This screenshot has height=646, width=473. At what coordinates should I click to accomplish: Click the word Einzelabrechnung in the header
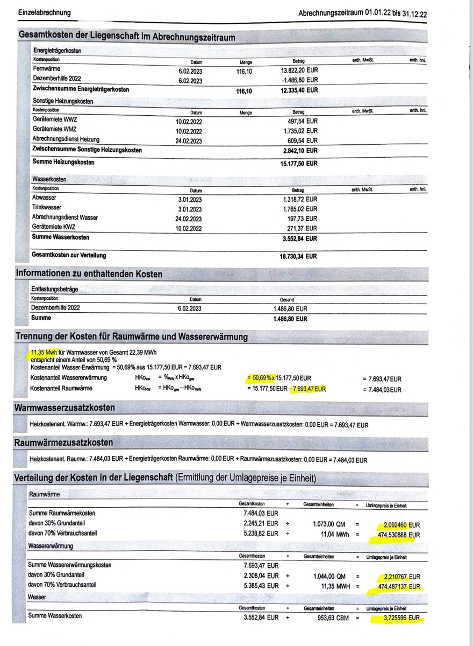click(44, 12)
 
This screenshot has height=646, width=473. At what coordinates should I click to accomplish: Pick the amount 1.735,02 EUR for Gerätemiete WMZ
click(300, 131)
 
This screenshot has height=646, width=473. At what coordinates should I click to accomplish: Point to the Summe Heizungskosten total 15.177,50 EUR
click(299, 163)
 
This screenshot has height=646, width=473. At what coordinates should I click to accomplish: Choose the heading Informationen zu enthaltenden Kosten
click(89, 274)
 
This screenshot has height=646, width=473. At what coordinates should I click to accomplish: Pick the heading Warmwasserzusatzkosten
click(64, 408)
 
